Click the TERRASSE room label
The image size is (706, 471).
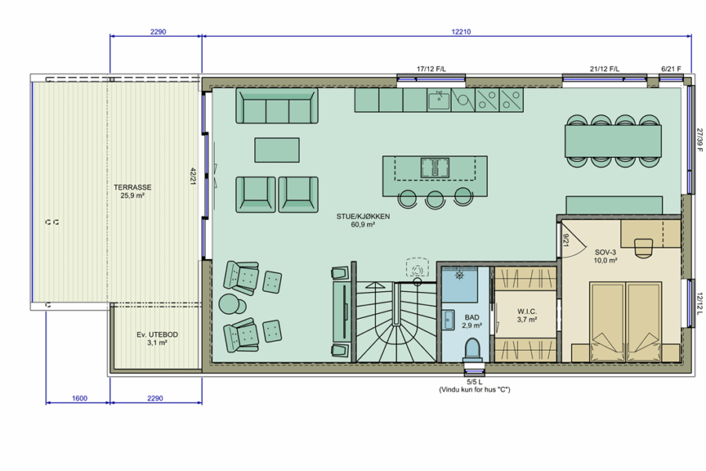pos(133,187)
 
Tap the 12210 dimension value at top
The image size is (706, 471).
pos(461,31)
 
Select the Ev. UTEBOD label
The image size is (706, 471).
pos(157,334)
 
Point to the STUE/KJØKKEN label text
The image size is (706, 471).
pos(363,217)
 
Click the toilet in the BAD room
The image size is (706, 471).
pos(472,350)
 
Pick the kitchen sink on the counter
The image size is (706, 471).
pos(439,100)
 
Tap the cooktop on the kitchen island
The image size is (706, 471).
pos(435,167)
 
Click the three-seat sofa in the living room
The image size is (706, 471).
pos(277,106)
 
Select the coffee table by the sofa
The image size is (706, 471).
pos(277,150)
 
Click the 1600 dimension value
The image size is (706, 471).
pos(79,398)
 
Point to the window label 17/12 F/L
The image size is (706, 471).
pos(431,69)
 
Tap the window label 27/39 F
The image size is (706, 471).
pos(699,140)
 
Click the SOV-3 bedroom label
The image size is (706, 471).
pos(605,253)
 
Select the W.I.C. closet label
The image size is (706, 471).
pos(527,312)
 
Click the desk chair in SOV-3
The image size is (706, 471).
pos(644,248)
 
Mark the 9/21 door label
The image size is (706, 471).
pos(566,240)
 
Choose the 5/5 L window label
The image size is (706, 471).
pos(475,382)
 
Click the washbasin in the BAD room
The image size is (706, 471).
pos(448,320)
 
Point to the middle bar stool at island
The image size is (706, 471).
pos(435,199)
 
